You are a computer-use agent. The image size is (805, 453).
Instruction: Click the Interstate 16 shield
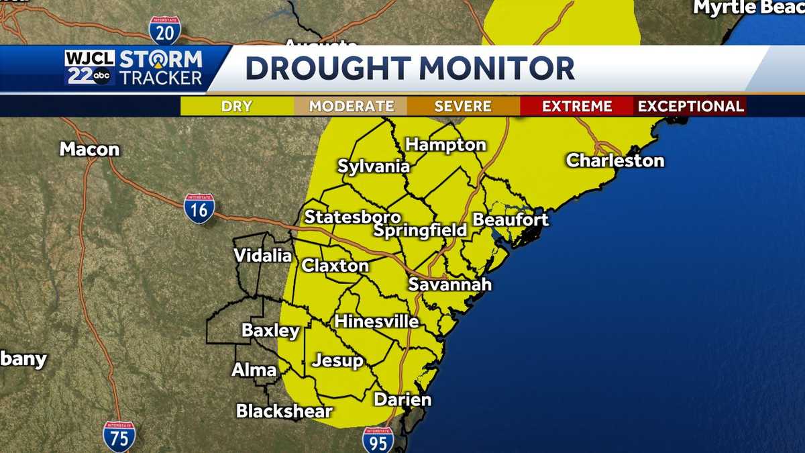click(x=199, y=208)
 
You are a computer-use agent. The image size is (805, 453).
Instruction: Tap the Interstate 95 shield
click(x=378, y=440)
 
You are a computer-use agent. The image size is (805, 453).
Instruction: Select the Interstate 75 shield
click(x=119, y=436)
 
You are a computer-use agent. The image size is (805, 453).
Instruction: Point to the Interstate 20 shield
click(x=164, y=30)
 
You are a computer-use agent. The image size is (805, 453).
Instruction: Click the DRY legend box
click(x=237, y=106)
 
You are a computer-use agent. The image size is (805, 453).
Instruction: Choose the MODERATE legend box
click(x=351, y=106)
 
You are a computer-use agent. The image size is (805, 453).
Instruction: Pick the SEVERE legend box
click(x=463, y=106)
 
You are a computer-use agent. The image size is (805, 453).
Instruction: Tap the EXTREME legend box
click(x=577, y=106)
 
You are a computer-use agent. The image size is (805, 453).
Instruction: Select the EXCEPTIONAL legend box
click(x=690, y=106)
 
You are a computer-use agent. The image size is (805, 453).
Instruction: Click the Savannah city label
click(x=450, y=285)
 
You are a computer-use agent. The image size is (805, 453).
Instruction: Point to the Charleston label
click(x=615, y=160)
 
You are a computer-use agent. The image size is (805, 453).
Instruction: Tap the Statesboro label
click(x=353, y=217)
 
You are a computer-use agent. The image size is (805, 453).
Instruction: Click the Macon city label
click(x=89, y=149)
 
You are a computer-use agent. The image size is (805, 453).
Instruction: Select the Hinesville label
click(x=376, y=321)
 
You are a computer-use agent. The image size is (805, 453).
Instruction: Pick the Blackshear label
click(x=284, y=411)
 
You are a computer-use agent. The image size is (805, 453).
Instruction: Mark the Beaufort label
click(x=511, y=219)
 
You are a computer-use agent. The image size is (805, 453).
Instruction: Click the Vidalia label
click(x=263, y=256)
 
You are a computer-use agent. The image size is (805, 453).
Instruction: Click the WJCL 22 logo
click(x=90, y=68)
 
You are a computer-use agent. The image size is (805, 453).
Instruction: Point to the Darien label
click(x=402, y=400)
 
